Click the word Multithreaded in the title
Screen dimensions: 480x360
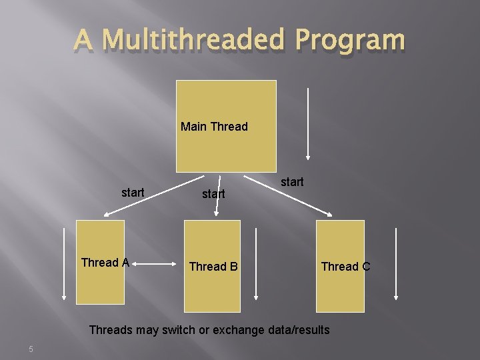click(199, 41)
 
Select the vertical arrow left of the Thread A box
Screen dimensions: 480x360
click(64, 264)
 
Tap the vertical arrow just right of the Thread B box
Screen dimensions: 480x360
click(256, 264)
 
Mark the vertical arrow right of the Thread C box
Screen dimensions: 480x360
click(396, 264)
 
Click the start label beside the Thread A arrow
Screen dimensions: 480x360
click(133, 193)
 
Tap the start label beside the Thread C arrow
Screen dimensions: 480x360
click(292, 181)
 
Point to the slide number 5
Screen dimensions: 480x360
click(31, 349)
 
